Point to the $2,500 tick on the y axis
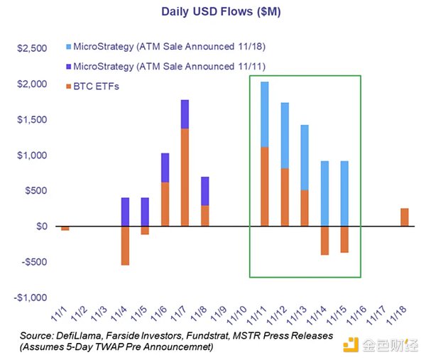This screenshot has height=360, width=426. [31, 48]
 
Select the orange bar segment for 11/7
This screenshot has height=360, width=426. [185, 177]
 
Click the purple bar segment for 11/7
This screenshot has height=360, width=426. [185, 114]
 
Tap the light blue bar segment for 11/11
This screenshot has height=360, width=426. [264, 114]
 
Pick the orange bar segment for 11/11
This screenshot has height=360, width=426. [264, 186]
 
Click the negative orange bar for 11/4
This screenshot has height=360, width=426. [125, 245]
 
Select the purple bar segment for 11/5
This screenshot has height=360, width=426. [145, 212]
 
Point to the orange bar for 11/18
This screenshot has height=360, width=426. [404, 217]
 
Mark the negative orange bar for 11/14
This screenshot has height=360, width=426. [324, 240]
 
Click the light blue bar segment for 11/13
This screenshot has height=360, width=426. [305, 158]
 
